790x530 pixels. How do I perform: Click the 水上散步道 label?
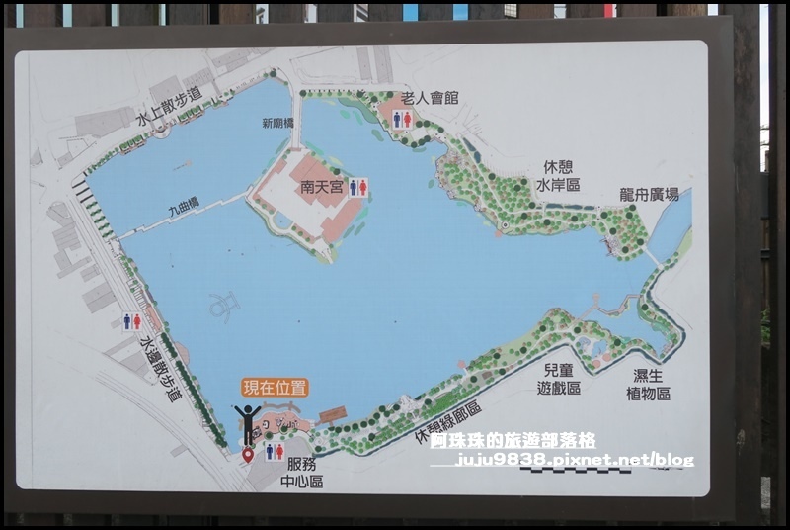tap(169, 107)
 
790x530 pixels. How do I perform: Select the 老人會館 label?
tap(430, 99)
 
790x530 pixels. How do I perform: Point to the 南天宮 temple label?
tap(322, 186)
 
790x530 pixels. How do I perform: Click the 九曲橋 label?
tap(183, 204)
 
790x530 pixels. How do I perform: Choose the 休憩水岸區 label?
tap(558, 176)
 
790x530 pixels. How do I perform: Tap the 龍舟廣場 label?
tap(649, 195)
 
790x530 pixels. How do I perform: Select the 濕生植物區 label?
tap(652, 385)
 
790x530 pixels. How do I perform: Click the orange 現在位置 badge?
tap(276, 388)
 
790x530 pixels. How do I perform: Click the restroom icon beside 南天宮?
tap(358, 187)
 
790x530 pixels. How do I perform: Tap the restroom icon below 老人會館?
tap(402, 119)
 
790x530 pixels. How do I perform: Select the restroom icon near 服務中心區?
tap(274, 451)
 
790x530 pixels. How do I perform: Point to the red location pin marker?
tap(247, 455)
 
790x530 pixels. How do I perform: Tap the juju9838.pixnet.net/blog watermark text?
tap(574, 460)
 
